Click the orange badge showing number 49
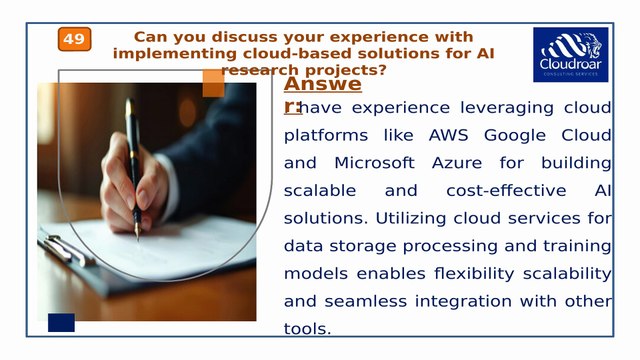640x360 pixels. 74,39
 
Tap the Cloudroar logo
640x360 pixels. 571,55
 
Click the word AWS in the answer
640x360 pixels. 448,135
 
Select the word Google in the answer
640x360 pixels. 515,136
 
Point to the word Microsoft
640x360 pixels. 374,163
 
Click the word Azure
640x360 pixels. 457,163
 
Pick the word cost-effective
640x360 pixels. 506,191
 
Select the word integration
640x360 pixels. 463,302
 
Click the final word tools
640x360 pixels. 307,329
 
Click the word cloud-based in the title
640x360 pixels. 297,53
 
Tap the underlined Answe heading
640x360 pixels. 322,84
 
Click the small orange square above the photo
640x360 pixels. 213,83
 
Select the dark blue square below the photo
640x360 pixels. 61,322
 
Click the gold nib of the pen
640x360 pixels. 138,231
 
